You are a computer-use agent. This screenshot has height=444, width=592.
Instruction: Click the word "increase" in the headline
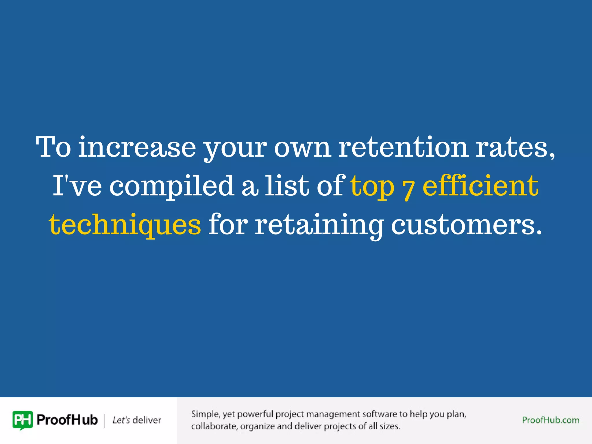(x=137, y=147)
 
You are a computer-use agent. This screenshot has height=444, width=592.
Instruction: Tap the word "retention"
(x=403, y=147)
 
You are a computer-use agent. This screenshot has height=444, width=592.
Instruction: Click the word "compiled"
(x=172, y=186)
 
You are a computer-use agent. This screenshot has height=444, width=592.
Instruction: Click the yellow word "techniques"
(x=125, y=225)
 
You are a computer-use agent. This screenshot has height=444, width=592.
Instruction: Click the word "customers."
(x=466, y=225)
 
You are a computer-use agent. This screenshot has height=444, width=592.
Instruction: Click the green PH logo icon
(x=23, y=420)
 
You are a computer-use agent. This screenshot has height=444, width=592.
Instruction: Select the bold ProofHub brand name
(x=67, y=420)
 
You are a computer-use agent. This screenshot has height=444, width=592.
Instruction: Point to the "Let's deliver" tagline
(x=137, y=420)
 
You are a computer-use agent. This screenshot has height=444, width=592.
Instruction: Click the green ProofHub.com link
(x=550, y=420)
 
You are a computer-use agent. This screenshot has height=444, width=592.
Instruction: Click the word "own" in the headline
(x=302, y=147)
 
